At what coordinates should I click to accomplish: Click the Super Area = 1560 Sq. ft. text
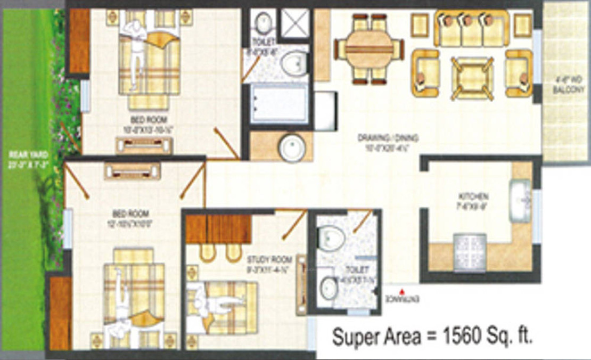(432, 337)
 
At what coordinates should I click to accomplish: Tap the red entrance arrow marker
(403, 291)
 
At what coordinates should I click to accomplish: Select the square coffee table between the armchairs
(472, 78)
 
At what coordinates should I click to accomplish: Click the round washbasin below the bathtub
(292, 146)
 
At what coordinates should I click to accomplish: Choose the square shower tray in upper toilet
(294, 22)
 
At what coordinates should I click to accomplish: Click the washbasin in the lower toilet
(328, 288)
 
